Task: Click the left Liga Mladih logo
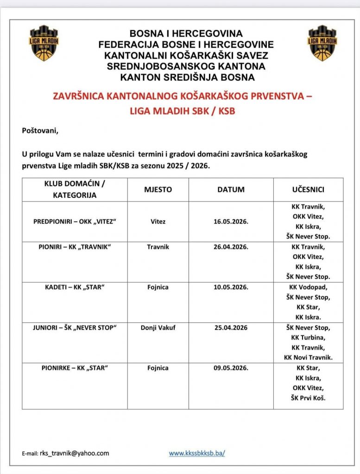point(44,43)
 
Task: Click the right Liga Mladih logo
point(322,43)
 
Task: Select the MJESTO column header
point(158,190)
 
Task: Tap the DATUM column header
point(231,190)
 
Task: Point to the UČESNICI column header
point(308,190)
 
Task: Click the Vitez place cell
point(158,221)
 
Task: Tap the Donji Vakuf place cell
point(158,328)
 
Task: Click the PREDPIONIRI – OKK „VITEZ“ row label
point(74,221)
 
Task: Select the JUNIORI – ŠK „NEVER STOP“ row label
point(74,328)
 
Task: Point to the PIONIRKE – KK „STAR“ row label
point(74,368)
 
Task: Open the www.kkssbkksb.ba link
point(197,453)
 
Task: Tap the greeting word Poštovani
point(41,131)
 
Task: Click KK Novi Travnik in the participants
point(308,357)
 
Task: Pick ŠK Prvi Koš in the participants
point(308,398)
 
